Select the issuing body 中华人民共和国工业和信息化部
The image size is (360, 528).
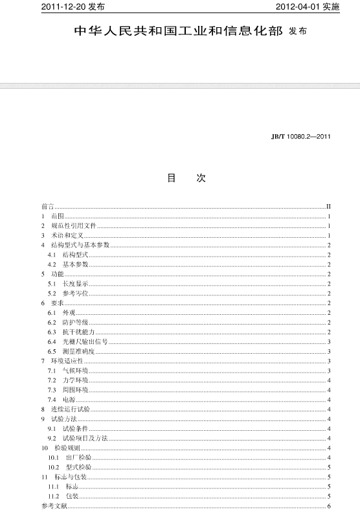[x=178, y=31]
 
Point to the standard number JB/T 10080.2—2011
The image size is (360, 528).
[x=301, y=137]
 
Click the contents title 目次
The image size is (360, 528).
[x=186, y=178]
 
